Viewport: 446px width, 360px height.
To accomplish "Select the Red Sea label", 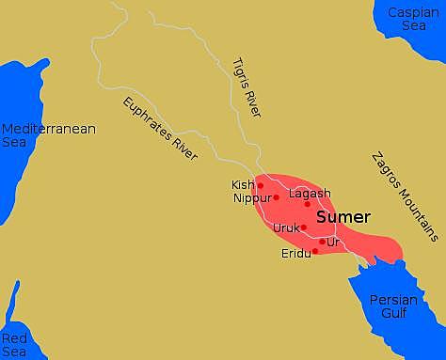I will tap(16, 344).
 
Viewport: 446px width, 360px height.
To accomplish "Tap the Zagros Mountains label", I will tap(404, 196).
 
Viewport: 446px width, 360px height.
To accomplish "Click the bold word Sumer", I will tap(342, 217).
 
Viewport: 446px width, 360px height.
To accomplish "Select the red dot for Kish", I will tap(261, 185).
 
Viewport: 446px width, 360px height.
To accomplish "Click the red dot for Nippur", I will tap(276, 197).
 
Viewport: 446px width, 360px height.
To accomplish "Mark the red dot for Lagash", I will tap(307, 204).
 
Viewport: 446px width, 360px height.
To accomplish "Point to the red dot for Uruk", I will tap(303, 227).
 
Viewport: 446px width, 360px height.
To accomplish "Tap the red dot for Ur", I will tap(322, 242).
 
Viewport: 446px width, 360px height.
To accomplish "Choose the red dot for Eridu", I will tap(315, 251).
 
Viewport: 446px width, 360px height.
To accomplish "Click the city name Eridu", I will tap(295, 254).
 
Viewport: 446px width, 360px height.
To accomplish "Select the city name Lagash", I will tap(310, 194).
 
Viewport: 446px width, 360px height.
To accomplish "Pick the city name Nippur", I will tap(251, 198).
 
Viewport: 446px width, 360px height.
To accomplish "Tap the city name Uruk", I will tap(285, 227).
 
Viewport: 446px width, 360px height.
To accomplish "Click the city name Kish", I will tap(243, 185).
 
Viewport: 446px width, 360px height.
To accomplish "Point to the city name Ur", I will tap(332, 242).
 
